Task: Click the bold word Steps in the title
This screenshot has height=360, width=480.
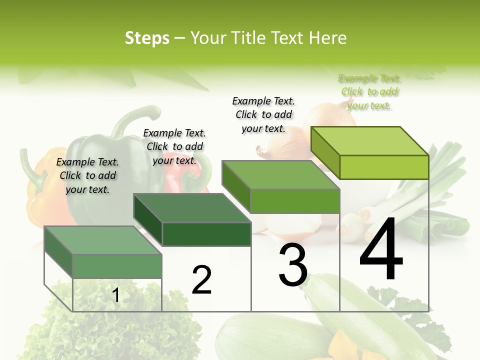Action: [x=147, y=38]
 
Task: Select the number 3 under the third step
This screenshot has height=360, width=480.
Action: [x=293, y=266]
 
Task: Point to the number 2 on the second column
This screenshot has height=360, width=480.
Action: [x=201, y=280]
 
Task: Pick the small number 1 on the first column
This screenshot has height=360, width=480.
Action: [x=116, y=295]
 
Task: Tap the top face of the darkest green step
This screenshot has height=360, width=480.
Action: [x=192, y=207]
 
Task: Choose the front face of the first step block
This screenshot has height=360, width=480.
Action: [x=117, y=266]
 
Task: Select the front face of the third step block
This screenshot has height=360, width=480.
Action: [x=295, y=201]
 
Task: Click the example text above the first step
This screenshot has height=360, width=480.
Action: [x=88, y=175]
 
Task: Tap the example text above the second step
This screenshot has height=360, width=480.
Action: [x=174, y=146]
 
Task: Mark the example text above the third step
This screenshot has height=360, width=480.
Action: [x=263, y=114]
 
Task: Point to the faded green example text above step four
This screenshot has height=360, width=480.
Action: [x=369, y=91]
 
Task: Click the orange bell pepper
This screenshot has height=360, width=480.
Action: [x=42, y=190]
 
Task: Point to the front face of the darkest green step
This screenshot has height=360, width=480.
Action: [x=206, y=234]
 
